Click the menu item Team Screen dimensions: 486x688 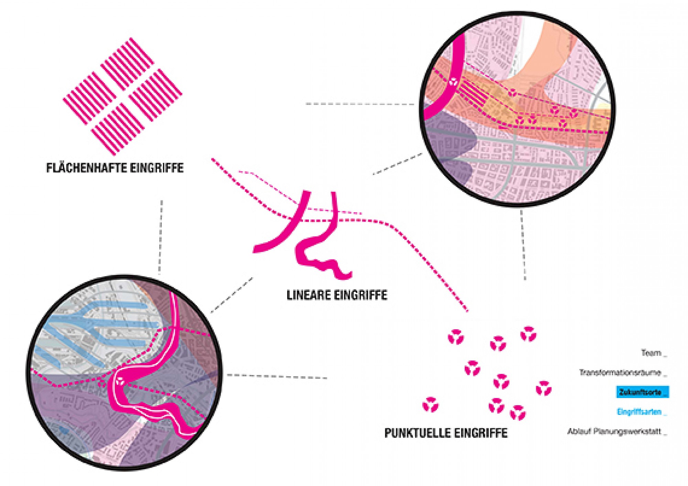(x=651, y=353)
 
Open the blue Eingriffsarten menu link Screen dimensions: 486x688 (x=639, y=412)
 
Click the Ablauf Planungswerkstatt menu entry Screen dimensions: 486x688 (x=614, y=431)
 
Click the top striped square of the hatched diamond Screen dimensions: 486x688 (x=127, y=64)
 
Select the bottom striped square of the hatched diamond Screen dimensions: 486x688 (x=118, y=128)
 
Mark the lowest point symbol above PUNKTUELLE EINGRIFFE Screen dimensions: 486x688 (x=518, y=412)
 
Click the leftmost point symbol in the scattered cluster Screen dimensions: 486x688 (x=430, y=405)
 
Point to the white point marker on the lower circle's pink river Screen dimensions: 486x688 (x=120, y=380)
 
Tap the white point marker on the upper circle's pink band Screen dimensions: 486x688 (x=453, y=82)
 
